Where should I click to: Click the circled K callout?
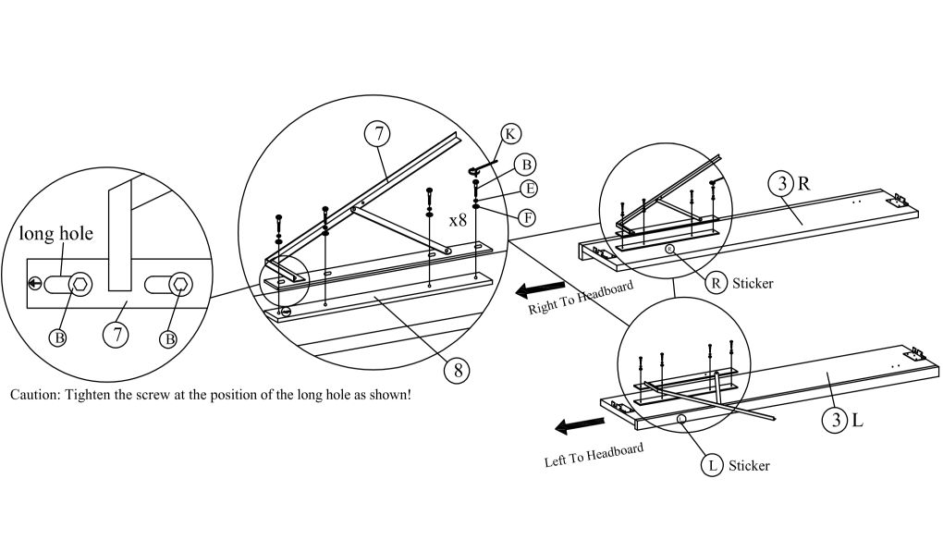509,133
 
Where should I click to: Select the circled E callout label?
529,190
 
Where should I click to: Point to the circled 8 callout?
456,370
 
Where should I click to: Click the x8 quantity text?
457,222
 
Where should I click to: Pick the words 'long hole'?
56,233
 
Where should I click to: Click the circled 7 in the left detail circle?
116,335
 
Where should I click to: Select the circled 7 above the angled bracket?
377,134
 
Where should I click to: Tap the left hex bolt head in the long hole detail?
81,284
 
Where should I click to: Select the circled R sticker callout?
716,283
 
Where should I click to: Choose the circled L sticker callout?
713,465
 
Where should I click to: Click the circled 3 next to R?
782,183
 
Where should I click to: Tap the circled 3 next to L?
836,422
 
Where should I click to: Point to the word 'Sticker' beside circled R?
752,284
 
